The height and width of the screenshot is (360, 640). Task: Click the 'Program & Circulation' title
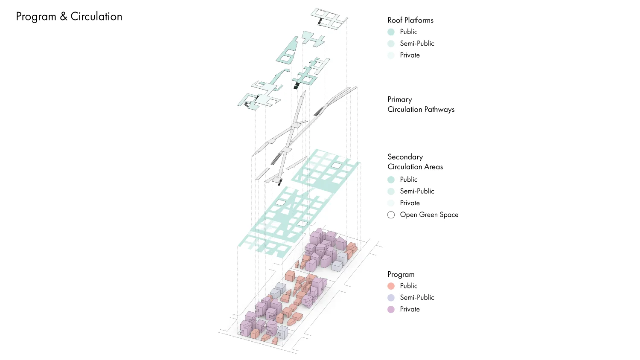(x=69, y=17)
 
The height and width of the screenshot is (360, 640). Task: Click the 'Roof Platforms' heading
(x=410, y=20)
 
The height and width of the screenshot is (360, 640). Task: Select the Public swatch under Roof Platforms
(x=391, y=32)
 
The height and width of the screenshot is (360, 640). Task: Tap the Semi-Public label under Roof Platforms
(x=417, y=44)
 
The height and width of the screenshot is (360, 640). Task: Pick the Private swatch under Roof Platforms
(x=391, y=55)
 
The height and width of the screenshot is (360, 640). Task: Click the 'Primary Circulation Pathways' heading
(x=421, y=105)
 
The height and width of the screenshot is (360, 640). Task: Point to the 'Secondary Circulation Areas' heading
(x=415, y=162)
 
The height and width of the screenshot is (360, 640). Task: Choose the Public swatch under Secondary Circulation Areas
(x=391, y=180)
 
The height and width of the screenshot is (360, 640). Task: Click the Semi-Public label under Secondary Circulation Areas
(x=417, y=191)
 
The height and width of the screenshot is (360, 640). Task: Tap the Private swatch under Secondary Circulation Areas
(x=391, y=203)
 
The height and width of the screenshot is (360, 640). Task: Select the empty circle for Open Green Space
(x=391, y=215)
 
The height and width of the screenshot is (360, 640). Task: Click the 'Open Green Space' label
(x=429, y=215)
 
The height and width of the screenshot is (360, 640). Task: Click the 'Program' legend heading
(x=401, y=275)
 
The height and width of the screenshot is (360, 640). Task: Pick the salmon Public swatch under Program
(x=391, y=286)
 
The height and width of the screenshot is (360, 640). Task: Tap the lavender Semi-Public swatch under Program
(x=391, y=298)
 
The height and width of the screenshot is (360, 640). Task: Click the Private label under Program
(x=410, y=309)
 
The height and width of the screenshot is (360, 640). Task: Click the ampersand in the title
(x=64, y=17)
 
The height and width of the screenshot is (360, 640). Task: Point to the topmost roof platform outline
(x=329, y=19)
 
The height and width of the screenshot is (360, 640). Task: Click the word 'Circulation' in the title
(x=96, y=17)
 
